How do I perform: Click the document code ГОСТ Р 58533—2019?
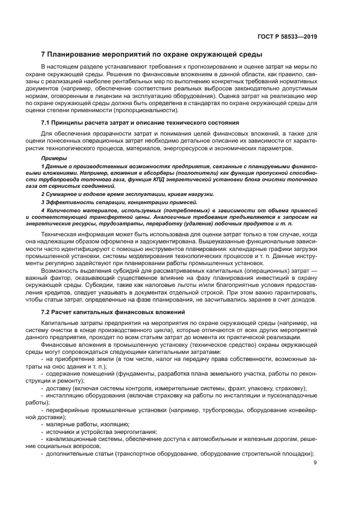[289, 36]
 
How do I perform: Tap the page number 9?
[316, 463]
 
